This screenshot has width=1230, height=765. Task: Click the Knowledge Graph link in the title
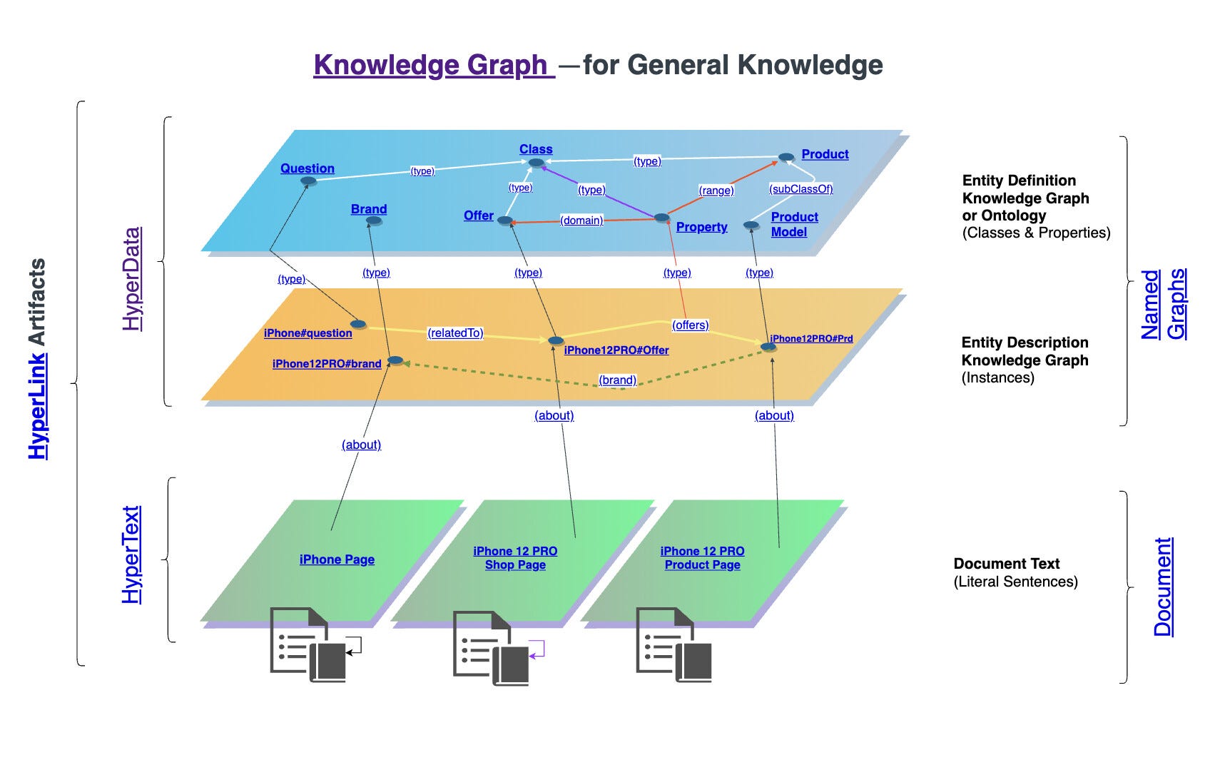click(x=433, y=65)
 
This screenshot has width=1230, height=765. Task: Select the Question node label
click(x=307, y=168)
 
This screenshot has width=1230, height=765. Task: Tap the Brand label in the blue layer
click(x=369, y=209)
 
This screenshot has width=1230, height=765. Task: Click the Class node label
click(x=536, y=149)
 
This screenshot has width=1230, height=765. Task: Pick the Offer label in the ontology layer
click(x=478, y=216)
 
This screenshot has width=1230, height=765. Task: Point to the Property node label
click(x=701, y=227)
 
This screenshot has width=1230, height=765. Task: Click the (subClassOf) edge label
click(x=800, y=189)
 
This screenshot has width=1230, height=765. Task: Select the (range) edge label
click(x=716, y=191)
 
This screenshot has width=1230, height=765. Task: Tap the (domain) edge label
click(x=581, y=221)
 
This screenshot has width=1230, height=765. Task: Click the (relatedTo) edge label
click(x=455, y=333)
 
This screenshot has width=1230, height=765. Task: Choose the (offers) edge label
click(x=691, y=325)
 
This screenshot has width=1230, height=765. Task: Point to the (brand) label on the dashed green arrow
click(x=617, y=380)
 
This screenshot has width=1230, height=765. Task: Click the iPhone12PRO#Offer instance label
click(x=616, y=350)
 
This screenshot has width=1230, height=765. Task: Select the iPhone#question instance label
click(x=307, y=333)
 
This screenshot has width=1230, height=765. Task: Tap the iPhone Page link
click(x=337, y=559)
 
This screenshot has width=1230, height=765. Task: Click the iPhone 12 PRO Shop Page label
click(x=515, y=558)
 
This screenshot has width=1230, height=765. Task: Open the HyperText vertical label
click(x=131, y=554)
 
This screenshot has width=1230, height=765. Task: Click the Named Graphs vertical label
click(x=1163, y=304)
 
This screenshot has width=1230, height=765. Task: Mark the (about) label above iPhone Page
click(x=361, y=445)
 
